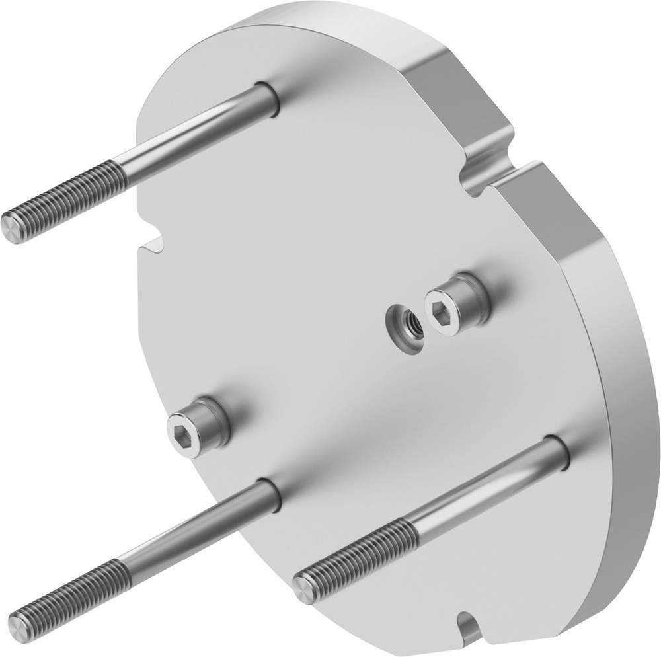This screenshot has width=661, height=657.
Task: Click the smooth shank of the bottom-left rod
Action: pos(198,525)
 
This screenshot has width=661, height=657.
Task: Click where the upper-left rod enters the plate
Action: pos(268,99)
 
